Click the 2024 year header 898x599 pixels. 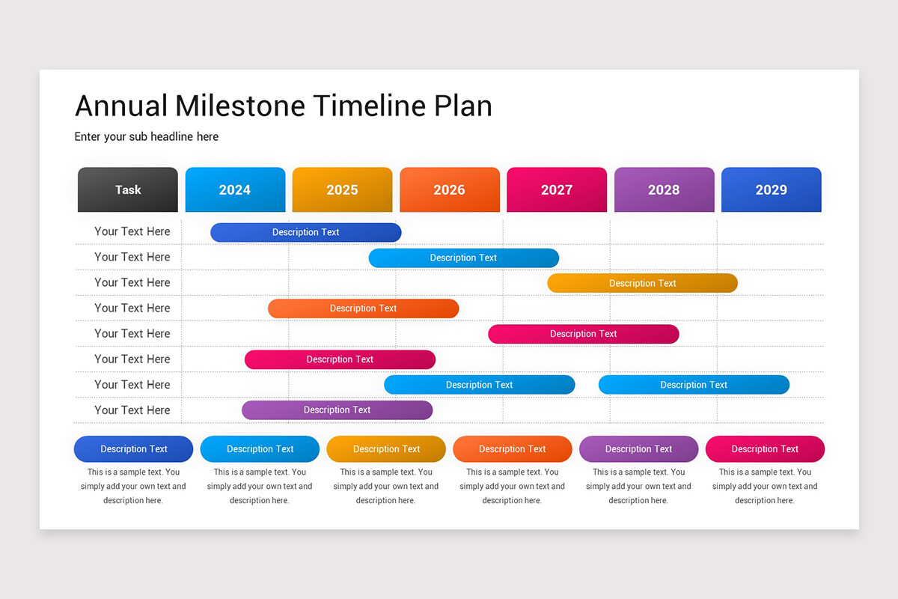(x=235, y=189)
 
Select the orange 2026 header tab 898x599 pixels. (x=449, y=189)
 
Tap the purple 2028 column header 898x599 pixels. (x=664, y=189)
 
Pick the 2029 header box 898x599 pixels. (x=771, y=189)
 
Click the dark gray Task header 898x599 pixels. (x=128, y=189)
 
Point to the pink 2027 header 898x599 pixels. (x=557, y=189)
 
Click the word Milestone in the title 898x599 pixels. (x=240, y=106)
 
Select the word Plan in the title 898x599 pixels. (x=463, y=106)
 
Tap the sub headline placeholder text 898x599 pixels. (x=147, y=136)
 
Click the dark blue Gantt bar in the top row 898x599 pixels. (x=305, y=232)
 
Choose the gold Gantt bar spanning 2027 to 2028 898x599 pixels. (x=642, y=283)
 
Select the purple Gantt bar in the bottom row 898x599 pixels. (x=337, y=410)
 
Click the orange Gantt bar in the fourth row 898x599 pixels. (x=363, y=308)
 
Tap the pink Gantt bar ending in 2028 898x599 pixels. (x=583, y=334)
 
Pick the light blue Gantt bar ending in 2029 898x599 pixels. (x=694, y=385)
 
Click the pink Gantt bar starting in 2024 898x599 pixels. (x=340, y=359)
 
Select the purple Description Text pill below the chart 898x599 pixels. (x=638, y=449)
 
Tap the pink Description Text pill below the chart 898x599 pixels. (x=765, y=449)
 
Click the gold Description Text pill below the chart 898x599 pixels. (x=386, y=449)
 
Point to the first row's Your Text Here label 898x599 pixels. (x=132, y=231)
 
